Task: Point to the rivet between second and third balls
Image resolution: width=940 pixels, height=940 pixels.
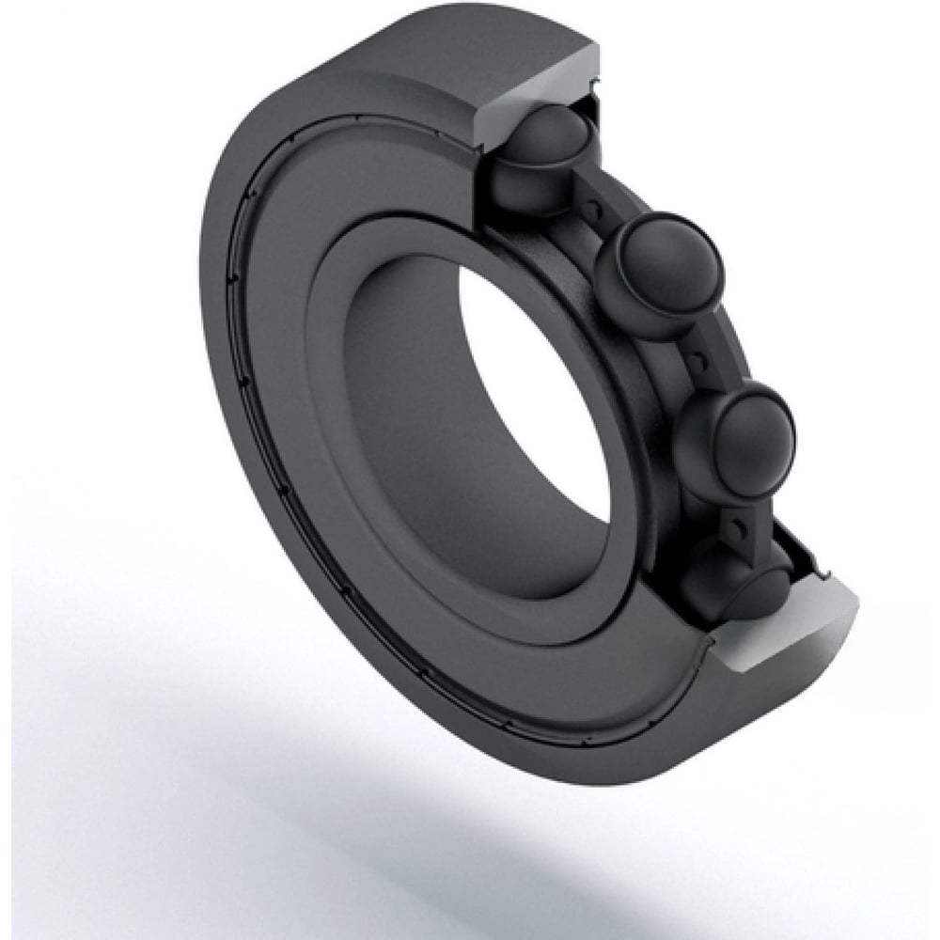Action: pos(697,358)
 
